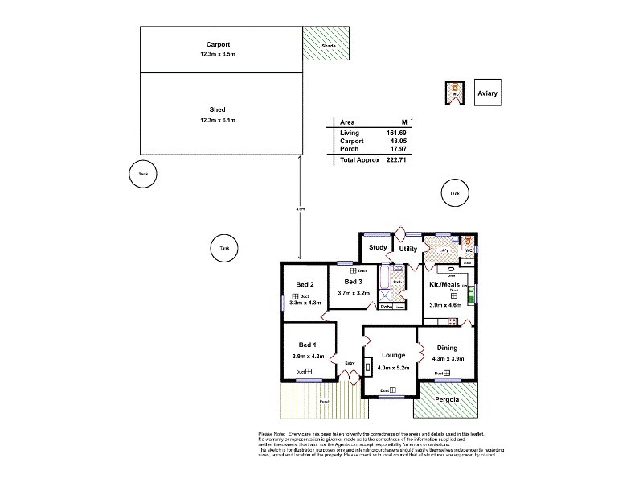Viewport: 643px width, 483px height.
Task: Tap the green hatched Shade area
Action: (x=327, y=42)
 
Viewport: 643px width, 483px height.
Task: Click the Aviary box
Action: (x=488, y=93)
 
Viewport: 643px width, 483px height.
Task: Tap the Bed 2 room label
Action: (x=305, y=285)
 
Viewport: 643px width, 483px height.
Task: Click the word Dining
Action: (x=446, y=348)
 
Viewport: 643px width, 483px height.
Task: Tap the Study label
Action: (x=378, y=248)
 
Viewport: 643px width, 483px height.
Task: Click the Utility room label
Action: (x=408, y=249)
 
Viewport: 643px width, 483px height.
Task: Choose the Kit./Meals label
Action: (x=445, y=287)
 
